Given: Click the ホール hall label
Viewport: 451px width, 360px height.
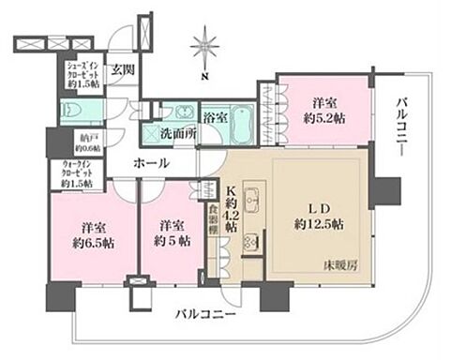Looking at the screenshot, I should (150, 163).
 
